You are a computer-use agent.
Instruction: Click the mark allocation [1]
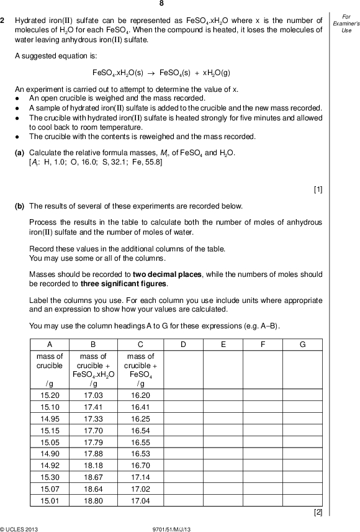tap(318, 190)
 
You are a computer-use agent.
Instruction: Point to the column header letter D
tap(183, 345)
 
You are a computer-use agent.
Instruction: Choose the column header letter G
tap(302, 345)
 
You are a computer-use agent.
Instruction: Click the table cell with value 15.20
tap(50, 395)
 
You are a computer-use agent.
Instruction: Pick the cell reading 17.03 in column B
tap(93, 395)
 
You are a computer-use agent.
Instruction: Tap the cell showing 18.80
tap(93, 500)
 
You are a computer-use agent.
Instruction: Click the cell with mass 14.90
tap(50, 453)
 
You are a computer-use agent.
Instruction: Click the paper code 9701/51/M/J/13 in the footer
tap(179, 528)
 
